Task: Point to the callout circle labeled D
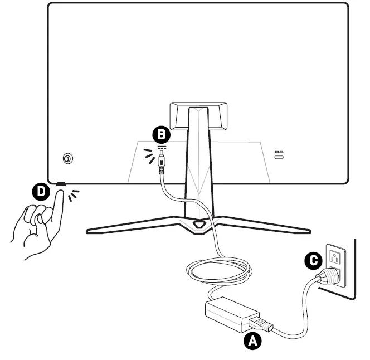40,192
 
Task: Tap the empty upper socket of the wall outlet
335,257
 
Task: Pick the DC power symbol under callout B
162,148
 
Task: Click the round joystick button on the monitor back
67,159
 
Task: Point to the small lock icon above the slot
279,151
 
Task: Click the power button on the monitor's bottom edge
60,184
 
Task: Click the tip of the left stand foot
89,230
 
